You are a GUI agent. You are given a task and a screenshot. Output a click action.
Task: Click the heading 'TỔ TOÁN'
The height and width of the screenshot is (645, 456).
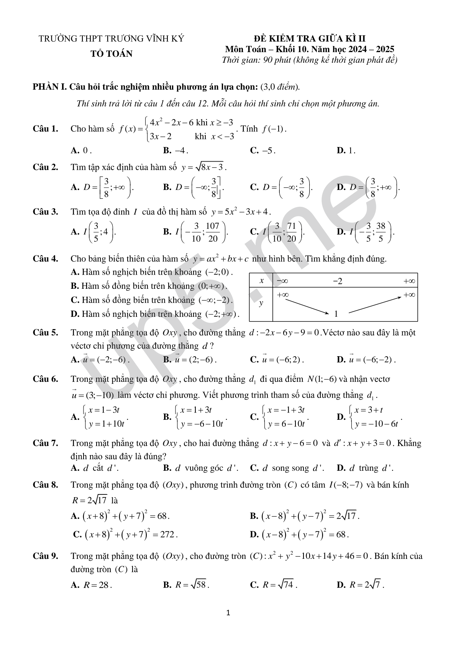[112, 54]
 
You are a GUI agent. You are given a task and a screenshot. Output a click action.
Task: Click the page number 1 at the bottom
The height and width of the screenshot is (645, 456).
[228, 613]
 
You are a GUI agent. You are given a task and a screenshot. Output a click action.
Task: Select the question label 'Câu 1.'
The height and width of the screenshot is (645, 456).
[45, 129]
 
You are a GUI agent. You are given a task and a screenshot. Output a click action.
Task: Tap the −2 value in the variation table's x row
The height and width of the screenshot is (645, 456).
[338, 282]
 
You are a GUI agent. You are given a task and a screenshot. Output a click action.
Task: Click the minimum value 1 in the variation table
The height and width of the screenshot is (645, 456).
[336, 314]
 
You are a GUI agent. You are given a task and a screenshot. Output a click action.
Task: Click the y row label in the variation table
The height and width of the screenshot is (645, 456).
[261, 303]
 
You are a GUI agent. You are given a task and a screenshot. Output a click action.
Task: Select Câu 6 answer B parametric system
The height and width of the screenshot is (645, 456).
[195, 417]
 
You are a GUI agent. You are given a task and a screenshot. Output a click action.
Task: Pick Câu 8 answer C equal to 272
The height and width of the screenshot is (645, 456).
[125, 534]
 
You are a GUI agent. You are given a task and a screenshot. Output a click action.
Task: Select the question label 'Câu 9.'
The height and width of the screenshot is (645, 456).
[45, 556]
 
